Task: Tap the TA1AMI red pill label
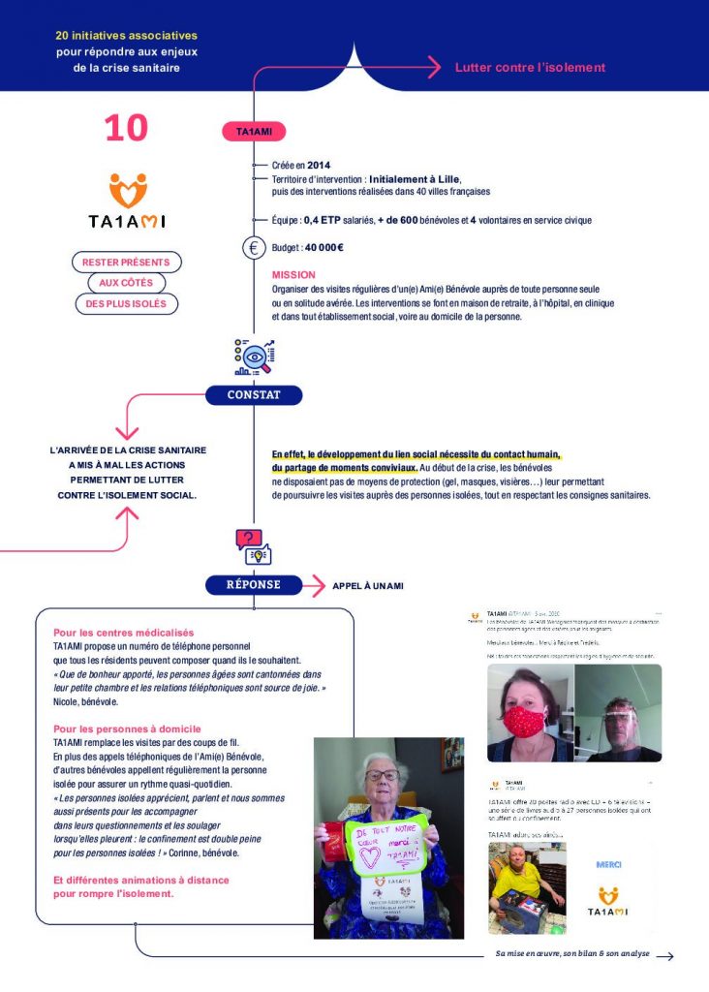(254, 131)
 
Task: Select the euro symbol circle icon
(254, 248)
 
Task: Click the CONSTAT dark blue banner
(254, 395)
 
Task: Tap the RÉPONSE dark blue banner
(254, 585)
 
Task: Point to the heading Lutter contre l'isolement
(530, 68)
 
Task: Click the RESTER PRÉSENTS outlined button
(126, 263)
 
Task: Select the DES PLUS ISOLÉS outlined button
(126, 304)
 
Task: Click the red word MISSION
(293, 275)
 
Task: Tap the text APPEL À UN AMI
(368, 586)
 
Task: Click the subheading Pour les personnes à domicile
(127, 728)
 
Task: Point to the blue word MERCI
(607, 864)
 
